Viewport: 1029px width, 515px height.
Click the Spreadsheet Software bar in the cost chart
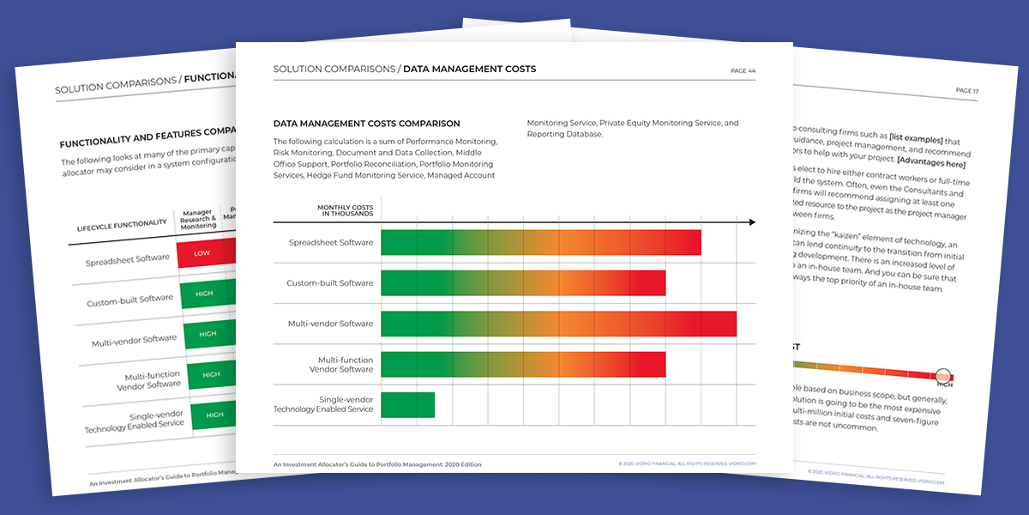[x=540, y=243]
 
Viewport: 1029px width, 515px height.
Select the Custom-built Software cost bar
[x=523, y=283]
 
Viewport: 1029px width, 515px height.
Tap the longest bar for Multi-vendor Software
[x=558, y=324]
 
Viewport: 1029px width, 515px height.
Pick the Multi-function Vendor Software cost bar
[x=523, y=364]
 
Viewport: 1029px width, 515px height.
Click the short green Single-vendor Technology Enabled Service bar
[x=407, y=404]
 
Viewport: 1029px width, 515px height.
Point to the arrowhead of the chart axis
[x=751, y=222]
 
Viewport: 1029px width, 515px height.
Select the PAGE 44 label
[x=743, y=70]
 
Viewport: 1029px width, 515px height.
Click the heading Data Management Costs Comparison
[x=366, y=124]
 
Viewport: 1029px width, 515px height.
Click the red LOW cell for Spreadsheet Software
[x=203, y=253]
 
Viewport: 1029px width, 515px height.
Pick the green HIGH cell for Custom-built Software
[x=205, y=294]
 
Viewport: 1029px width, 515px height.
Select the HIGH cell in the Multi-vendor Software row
[x=208, y=334]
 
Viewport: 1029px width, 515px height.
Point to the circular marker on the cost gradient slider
[x=943, y=376]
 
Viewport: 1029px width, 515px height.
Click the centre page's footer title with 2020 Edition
[x=377, y=464]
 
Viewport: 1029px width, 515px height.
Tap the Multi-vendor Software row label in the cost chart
[x=330, y=324]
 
